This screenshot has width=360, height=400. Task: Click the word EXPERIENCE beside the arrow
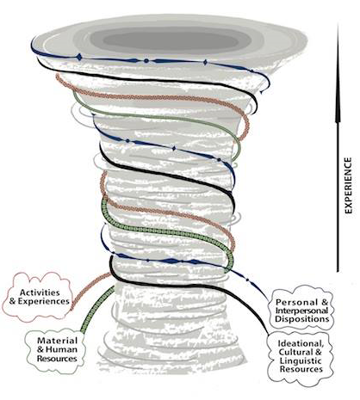348,185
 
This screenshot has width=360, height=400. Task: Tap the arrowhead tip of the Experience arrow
338,24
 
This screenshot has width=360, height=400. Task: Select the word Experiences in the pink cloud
43,301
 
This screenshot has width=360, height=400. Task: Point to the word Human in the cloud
61,349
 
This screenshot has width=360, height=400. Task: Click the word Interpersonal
301,311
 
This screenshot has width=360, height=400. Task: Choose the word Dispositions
302,319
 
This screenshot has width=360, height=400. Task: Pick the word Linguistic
301,360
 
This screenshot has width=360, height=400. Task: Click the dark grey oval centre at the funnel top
171,40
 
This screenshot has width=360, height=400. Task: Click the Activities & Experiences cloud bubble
37,297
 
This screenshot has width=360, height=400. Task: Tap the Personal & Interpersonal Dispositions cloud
301,311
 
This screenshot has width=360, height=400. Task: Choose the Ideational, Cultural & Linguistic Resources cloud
301,356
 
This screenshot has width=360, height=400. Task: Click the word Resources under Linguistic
301,369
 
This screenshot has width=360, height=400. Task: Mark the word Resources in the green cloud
57,359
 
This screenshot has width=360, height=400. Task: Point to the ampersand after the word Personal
325,302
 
